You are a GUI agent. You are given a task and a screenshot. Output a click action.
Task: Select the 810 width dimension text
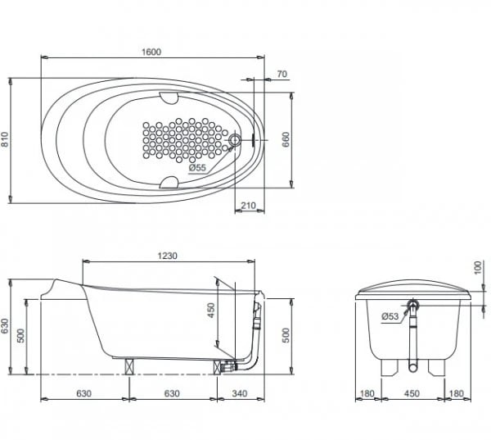click(6, 140)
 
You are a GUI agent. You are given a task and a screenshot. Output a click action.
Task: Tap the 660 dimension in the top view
click(286, 140)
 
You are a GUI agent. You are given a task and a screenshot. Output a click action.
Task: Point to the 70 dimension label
click(282, 75)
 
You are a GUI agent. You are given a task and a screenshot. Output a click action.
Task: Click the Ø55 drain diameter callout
click(197, 168)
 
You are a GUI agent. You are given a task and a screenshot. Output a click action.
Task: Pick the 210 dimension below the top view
click(250, 206)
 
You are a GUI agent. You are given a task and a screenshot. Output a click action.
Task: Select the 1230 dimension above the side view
click(167, 256)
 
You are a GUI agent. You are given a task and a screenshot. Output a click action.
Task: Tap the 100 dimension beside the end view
click(478, 269)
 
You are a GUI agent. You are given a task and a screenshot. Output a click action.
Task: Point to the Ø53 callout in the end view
click(391, 316)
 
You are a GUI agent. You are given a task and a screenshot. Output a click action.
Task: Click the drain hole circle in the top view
click(236, 141)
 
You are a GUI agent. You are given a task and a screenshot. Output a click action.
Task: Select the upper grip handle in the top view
click(171, 98)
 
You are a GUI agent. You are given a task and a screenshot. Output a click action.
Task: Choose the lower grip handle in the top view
click(171, 182)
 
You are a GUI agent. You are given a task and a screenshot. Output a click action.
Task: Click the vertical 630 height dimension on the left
click(6, 327)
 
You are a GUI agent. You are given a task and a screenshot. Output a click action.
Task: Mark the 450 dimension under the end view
click(413, 393)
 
